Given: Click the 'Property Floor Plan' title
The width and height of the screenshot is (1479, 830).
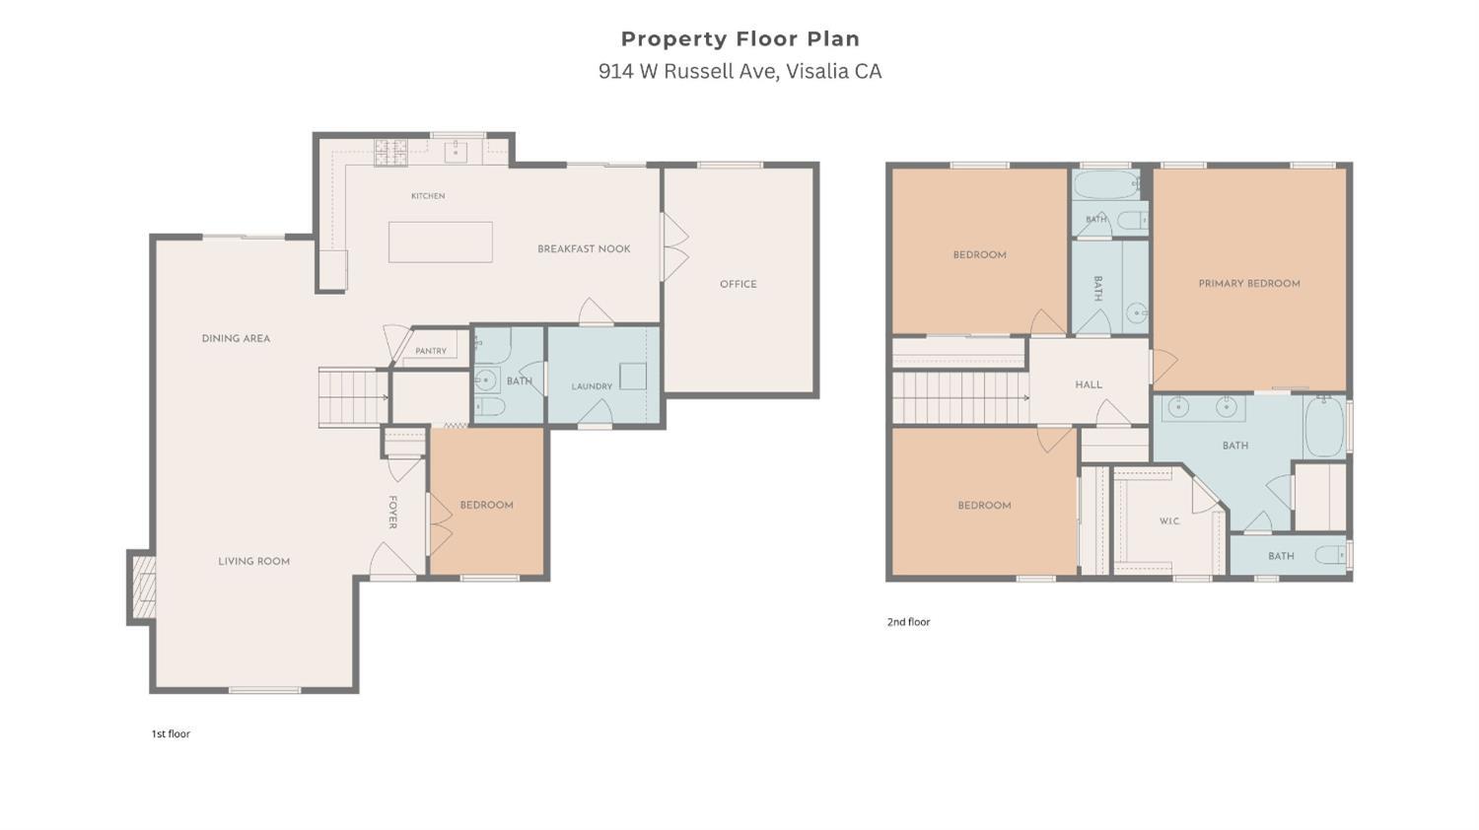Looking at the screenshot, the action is [x=740, y=39].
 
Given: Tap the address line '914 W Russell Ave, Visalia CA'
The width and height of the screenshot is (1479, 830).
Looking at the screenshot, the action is [x=740, y=71].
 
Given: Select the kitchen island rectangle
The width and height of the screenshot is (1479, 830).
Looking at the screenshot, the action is [x=441, y=242].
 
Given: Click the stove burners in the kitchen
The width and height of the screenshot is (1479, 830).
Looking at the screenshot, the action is [x=390, y=152].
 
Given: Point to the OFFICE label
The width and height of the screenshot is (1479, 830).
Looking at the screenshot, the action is [x=739, y=284].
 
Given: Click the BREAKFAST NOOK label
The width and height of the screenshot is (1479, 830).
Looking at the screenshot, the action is [x=584, y=249].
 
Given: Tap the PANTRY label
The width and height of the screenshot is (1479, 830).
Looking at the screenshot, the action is [x=431, y=351].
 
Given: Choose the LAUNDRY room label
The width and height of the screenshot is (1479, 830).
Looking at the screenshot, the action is [x=592, y=386].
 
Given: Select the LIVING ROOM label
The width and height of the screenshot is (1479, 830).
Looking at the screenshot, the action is [x=254, y=561].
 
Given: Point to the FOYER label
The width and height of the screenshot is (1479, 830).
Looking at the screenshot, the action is [x=392, y=513].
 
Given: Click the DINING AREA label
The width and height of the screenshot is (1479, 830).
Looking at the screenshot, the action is [x=236, y=339].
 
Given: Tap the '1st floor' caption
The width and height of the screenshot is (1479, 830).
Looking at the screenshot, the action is [x=171, y=733].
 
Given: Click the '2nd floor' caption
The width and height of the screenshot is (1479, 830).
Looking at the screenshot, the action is [x=908, y=622].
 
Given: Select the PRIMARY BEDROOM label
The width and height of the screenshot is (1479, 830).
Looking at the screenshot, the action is [x=1249, y=284].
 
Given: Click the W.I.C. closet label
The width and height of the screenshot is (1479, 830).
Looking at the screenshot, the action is [x=1169, y=521].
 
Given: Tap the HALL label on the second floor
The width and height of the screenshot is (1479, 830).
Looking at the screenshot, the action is [x=1089, y=384].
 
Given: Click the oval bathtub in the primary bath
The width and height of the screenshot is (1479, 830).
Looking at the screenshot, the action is [x=1324, y=426].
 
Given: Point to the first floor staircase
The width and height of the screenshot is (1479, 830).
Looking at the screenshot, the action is [x=353, y=397].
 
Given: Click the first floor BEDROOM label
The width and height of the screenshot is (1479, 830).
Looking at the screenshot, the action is [x=487, y=505].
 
